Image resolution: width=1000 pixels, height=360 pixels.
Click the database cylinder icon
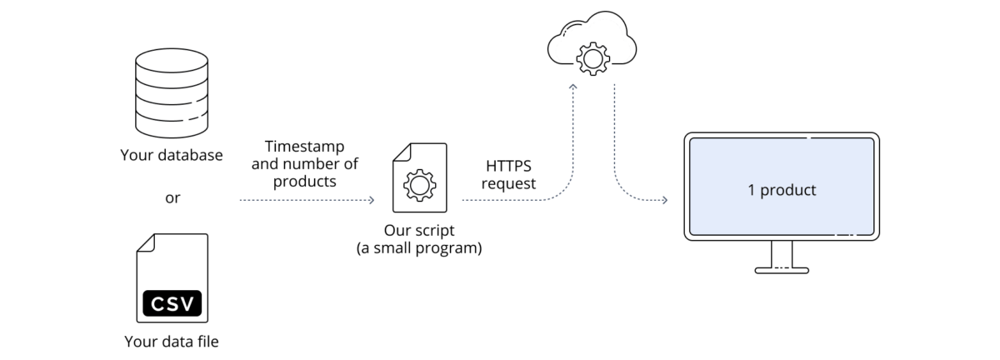pos(171,93)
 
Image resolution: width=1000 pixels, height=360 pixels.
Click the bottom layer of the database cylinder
pos(171,127)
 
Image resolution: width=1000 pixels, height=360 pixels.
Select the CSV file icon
pos(172,279)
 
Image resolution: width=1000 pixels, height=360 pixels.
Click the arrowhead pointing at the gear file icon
pos(371,201)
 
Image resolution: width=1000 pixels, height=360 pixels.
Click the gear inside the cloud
pos(592,58)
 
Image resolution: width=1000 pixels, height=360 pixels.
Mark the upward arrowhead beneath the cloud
pos(573,86)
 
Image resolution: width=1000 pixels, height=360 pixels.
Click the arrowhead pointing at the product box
pos(664,201)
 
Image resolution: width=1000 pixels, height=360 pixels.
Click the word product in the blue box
pos(787,190)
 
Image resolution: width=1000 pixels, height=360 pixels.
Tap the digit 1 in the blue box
pos(751,190)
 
